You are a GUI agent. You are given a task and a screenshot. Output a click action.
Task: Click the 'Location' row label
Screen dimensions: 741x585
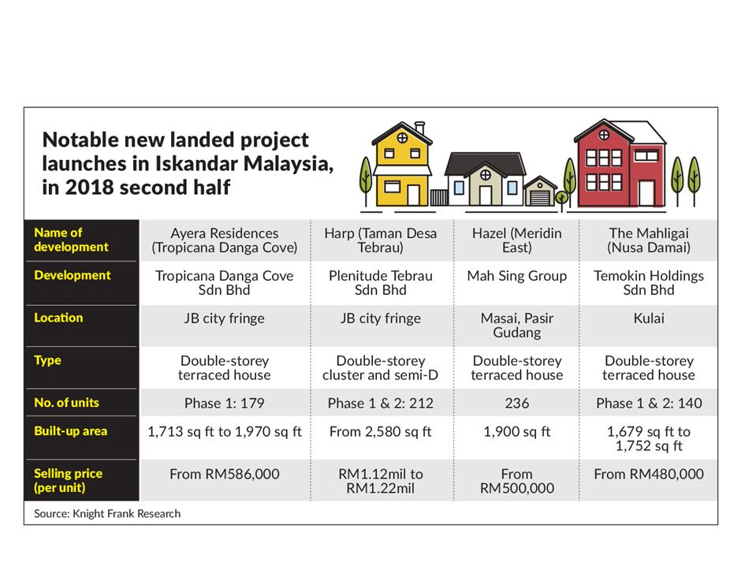[x=58, y=318]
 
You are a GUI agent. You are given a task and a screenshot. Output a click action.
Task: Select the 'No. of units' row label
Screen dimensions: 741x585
[x=67, y=403]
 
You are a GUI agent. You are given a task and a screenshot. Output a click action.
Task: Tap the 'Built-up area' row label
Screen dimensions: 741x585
[x=70, y=431]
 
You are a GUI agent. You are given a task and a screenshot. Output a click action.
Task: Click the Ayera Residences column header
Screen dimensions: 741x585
[x=225, y=240]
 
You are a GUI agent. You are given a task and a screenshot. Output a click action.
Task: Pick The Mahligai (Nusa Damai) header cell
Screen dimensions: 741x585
[x=648, y=240]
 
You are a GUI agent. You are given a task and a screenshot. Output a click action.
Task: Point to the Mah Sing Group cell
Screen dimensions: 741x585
[x=516, y=276]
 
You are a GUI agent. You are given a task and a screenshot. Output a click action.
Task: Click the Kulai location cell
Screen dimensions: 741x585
[x=648, y=318]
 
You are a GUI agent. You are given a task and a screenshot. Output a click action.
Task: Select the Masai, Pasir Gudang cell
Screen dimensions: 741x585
[x=516, y=325]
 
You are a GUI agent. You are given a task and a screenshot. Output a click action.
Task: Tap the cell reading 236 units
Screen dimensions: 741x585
[x=516, y=403]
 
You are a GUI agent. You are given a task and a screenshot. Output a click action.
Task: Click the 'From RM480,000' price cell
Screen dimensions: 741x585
[x=648, y=474]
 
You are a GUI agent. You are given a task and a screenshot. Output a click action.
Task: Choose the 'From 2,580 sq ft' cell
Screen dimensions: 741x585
[x=381, y=431]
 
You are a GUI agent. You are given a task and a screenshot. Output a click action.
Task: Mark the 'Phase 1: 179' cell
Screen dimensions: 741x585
[x=225, y=403]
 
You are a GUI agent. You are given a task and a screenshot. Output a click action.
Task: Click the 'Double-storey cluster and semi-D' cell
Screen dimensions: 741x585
[x=381, y=367]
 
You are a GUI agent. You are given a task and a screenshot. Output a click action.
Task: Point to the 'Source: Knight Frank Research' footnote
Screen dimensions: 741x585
[x=107, y=513]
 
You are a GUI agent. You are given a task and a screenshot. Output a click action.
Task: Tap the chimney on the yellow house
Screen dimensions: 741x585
[x=419, y=128]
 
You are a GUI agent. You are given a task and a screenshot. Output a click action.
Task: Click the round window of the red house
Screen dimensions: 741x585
[x=604, y=135]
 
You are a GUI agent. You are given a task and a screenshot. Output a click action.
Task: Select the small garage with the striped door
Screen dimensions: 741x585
[x=540, y=192]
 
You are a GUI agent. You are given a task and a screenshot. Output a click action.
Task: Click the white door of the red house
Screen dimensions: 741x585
[x=646, y=194]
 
